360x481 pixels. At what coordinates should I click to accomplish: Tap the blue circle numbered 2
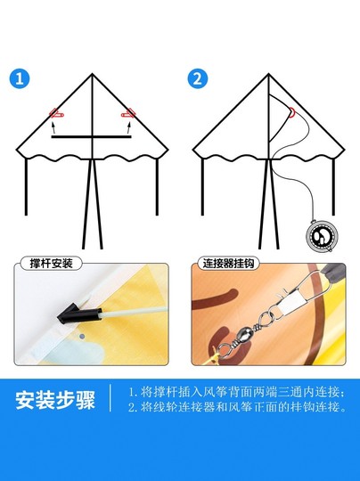tap(199, 77)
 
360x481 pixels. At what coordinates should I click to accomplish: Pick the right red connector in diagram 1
tap(129, 113)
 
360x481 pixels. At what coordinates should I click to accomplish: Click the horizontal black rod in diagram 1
tap(92, 137)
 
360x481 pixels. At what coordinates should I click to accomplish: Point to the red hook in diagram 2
tap(292, 111)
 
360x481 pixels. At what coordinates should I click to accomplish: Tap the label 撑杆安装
tap(52, 265)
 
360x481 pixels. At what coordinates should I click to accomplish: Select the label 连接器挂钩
tap(230, 265)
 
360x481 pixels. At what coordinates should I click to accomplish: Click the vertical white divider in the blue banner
tap(110, 399)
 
